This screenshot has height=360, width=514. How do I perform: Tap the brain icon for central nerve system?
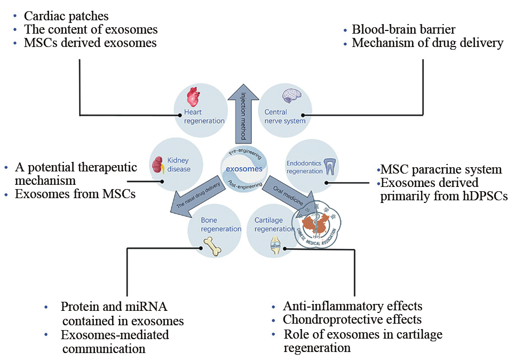tap(292, 96)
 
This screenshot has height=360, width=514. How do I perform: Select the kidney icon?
tap(157, 164)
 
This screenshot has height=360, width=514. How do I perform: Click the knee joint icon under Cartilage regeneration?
tap(276, 245)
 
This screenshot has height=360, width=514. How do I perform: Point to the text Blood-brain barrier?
tap(404, 29)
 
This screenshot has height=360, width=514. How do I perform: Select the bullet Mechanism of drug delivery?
tap(428, 43)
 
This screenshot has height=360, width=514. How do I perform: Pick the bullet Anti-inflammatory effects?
tap(353, 306)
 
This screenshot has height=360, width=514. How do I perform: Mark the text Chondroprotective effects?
tap(352, 320)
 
